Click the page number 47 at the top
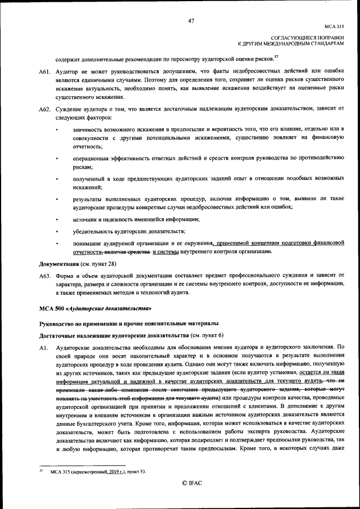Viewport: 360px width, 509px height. click(x=191, y=21)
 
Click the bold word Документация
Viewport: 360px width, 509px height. click(x=58, y=263)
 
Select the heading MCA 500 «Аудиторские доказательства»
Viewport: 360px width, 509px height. click(x=95, y=309)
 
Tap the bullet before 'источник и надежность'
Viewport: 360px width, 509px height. click(x=58, y=219)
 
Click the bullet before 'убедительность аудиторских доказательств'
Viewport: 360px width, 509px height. click(x=58, y=231)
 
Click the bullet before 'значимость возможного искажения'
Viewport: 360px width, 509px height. click(x=58, y=130)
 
